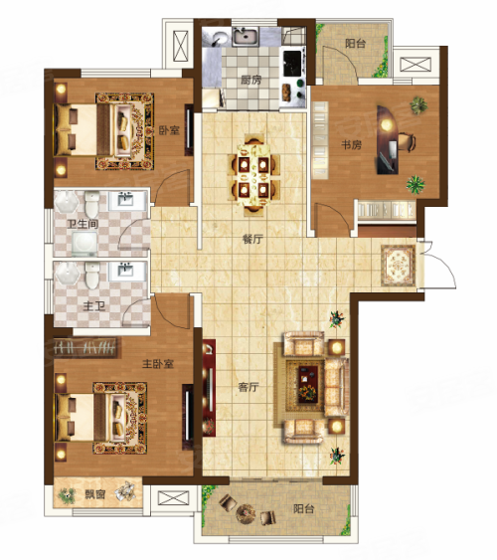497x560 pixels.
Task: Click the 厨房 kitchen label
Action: (250, 80)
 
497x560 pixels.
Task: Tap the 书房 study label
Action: (352, 145)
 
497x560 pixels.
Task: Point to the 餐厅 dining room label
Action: (252, 239)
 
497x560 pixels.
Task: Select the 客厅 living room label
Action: (248, 387)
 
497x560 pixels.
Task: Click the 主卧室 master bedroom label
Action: (158, 364)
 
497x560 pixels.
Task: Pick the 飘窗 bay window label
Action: (94, 494)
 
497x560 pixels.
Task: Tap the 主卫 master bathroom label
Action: (93, 306)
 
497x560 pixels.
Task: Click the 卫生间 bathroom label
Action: (83, 224)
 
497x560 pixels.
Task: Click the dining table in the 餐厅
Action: (253, 175)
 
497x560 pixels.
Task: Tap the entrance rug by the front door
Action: (399, 266)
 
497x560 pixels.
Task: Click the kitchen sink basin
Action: (246, 37)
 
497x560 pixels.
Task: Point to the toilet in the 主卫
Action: (92, 275)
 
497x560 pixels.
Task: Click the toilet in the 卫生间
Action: (92, 204)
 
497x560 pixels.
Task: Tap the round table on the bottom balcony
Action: (246, 513)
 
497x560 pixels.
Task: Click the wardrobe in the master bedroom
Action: (85, 347)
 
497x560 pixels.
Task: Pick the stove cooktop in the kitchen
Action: (292, 64)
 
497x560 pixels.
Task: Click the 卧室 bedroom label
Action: (169, 130)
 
